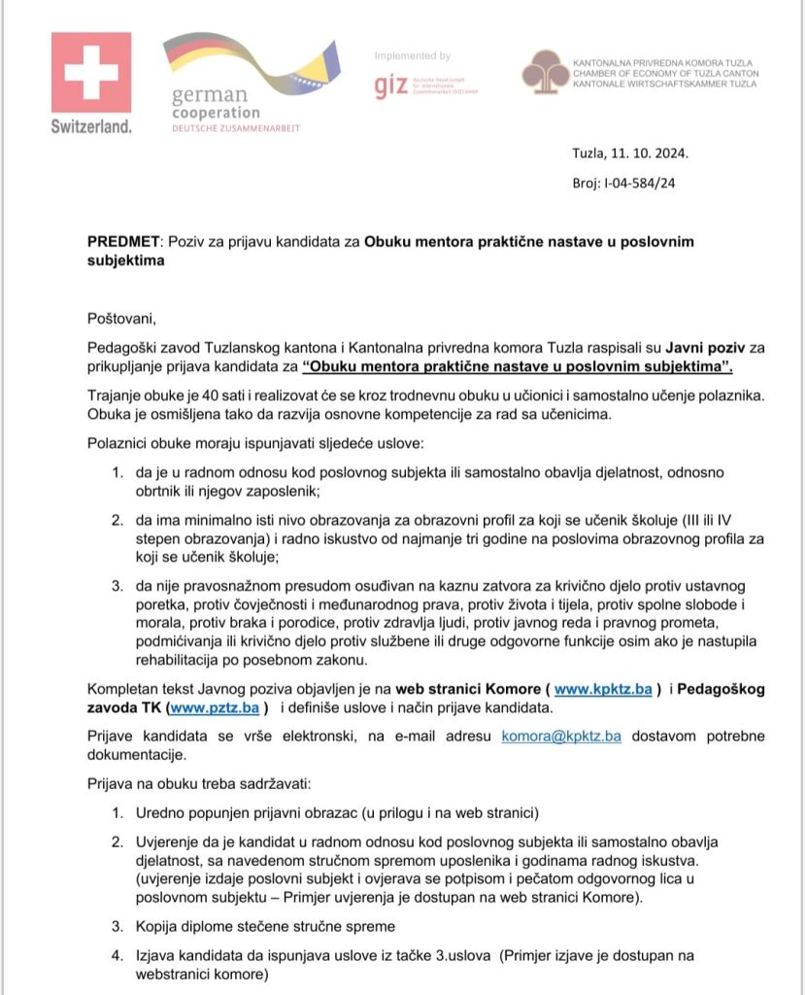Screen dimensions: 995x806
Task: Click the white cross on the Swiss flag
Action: (91, 71)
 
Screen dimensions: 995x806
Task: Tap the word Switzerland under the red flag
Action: (91, 126)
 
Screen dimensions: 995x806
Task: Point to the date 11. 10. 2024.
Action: (650, 154)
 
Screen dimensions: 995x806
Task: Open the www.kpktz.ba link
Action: (602, 689)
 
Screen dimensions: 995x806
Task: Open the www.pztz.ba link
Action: (210, 708)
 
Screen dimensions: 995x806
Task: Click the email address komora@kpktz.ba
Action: (561, 736)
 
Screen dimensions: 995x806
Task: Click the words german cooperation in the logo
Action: (216, 105)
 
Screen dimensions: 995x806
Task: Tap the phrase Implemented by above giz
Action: (413, 56)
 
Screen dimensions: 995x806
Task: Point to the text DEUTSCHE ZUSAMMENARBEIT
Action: (236, 128)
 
